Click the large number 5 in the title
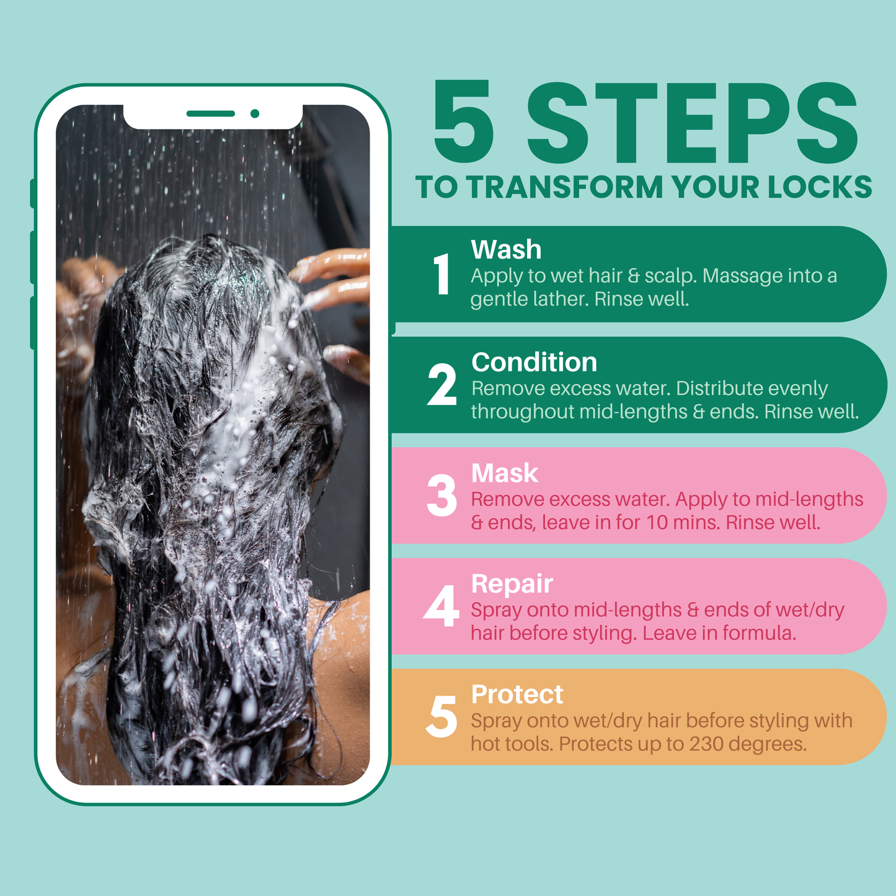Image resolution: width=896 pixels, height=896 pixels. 464,122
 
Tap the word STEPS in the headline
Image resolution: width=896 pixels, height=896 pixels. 692,122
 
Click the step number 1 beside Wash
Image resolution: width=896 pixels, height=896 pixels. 441,274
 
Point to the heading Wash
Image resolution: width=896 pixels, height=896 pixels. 506,250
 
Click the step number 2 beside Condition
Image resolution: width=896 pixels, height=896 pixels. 441,385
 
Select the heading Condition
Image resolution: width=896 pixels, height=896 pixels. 534,362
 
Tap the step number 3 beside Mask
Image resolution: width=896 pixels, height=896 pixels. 441,496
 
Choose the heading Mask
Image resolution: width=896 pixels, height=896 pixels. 505,473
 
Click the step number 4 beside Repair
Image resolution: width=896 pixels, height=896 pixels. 441,606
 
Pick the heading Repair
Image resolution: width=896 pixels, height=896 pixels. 512,584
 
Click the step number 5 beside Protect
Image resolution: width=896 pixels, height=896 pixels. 441,717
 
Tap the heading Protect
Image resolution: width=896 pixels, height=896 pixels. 517,694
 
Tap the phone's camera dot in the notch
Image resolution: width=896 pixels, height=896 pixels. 255,113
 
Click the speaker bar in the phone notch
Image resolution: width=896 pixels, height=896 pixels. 211,113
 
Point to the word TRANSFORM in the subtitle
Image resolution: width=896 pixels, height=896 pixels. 565,187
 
